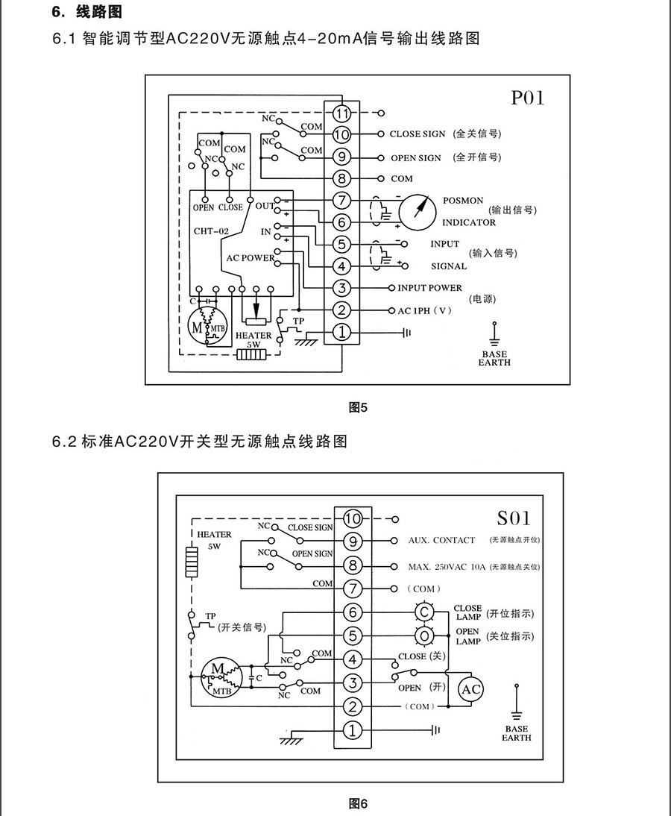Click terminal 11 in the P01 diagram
(341, 114)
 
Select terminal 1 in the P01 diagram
(341, 332)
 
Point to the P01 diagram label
(528, 98)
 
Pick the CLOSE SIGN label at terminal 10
(417, 134)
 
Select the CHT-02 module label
(211, 231)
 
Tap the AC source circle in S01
(471, 690)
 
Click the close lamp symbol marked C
(425, 612)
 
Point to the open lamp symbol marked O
(425, 636)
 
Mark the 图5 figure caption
(359, 407)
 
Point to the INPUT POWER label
(429, 288)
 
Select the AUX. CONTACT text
(441, 540)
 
